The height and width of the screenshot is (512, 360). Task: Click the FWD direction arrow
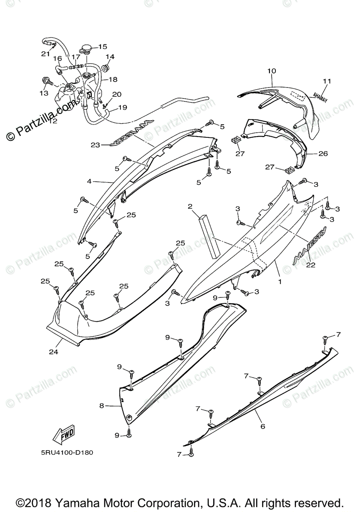pos(64,434)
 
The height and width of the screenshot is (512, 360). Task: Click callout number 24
pos(53,352)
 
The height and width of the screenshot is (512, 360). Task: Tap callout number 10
pos(272,71)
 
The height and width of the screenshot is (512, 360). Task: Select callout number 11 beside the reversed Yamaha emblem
pos(327,81)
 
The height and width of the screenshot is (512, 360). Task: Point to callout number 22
pos(310,265)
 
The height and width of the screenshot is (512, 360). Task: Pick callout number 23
pos(94,145)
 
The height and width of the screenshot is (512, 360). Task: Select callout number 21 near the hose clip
pos(46,54)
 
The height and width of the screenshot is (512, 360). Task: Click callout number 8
pos(102,406)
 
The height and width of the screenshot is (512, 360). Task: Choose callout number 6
pos(263,426)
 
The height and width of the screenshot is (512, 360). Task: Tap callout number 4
pos(89,181)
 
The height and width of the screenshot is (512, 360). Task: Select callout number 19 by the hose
pos(122,108)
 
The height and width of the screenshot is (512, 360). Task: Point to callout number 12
pos(53,121)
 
